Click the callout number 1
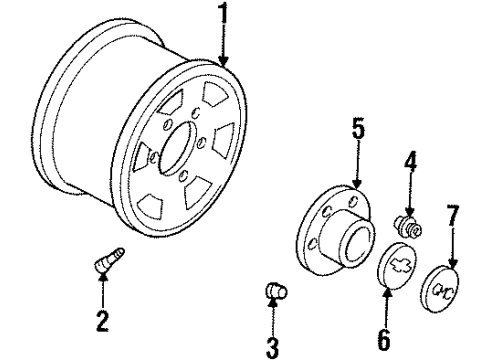pos(223,16)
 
